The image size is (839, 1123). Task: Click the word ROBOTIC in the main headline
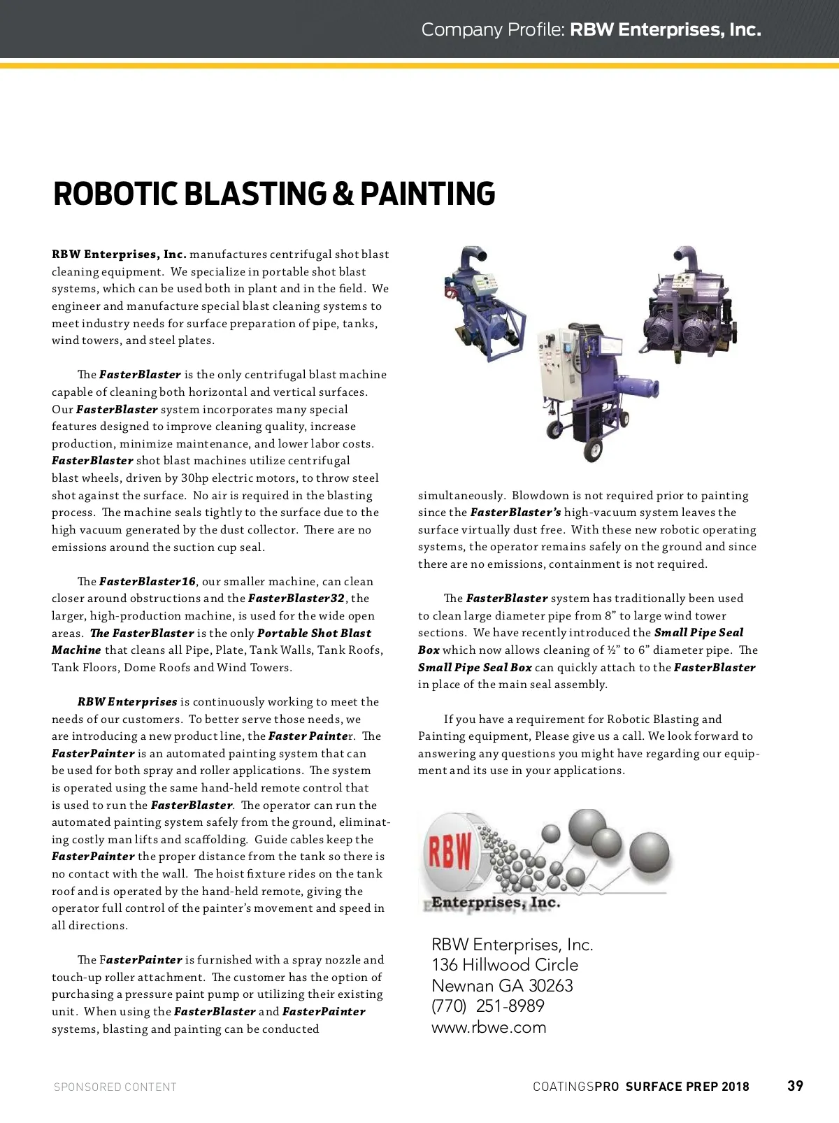(x=115, y=194)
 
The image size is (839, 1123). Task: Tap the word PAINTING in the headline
(x=427, y=194)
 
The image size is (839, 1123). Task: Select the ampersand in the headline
(x=343, y=194)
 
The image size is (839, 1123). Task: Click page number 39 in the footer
(x=795, y=1086)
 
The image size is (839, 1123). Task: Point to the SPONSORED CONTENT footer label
(x=115, y=1087)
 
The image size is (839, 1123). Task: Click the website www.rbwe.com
(x=489, y=1027)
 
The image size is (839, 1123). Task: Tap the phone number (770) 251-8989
(x=488, y=1006)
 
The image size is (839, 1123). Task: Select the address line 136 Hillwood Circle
(x=505, y=965)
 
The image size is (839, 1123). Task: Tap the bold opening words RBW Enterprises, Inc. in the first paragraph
(x=119, y=255)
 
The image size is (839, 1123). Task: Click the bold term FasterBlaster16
(x=148, y=582)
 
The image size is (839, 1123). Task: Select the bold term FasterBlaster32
(x=296, y=599)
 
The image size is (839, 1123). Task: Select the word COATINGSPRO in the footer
(x=575, y=1087)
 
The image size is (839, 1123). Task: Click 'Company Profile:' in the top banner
(x=493, y=29)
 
